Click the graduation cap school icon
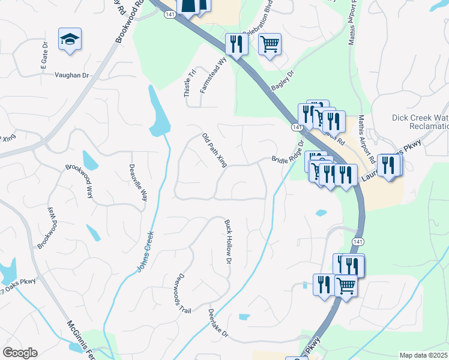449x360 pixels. [x=70, y=40]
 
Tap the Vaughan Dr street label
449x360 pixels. [x=71, y=75]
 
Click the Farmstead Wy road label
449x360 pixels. [x=213, y=75]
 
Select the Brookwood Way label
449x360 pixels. [x=80, y=181]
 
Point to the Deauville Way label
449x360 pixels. [x=137, y=182]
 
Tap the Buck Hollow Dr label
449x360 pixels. [x=228, y=242]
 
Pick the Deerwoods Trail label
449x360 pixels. [x=182, y=294]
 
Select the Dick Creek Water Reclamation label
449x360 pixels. [x=420, y=122]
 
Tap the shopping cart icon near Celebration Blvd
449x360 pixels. [x=270, y=44]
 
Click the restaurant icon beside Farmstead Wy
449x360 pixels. [x=235, y=44]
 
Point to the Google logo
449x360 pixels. [x=20, y=353]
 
